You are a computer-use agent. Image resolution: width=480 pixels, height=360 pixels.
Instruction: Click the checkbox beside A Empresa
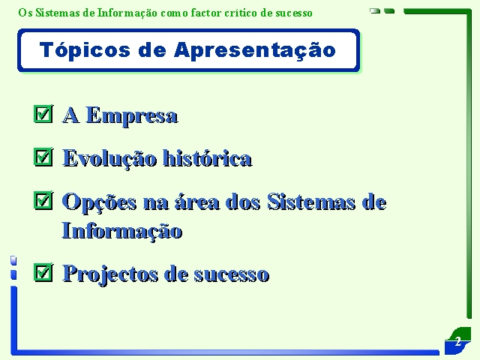tap(43, 114)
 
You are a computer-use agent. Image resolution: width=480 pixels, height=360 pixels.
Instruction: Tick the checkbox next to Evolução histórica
tap(43, 157)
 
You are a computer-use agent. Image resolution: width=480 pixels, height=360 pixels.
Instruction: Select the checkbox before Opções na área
tap(43, 201)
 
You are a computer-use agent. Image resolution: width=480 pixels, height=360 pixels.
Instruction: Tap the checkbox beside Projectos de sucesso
tap(43, 272)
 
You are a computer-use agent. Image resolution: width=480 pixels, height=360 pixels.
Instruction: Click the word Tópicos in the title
tap(85, 50)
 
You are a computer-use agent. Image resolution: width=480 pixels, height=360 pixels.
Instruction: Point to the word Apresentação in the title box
tap(255, 50)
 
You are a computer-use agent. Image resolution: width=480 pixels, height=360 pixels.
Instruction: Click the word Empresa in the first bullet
tap(132, 115)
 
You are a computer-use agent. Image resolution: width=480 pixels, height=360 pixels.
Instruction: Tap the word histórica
tap(207, 158)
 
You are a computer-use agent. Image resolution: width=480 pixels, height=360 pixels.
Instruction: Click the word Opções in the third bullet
tap(99, 202)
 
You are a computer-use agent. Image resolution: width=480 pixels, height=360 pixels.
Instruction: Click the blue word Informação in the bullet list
tap(122, 231)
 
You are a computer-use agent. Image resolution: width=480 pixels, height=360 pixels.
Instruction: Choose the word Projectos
tap(110, 274)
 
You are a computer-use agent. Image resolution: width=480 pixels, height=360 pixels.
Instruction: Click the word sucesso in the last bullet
tap(232, 274)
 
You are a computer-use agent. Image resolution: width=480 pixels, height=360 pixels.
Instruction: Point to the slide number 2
tap(458, 341)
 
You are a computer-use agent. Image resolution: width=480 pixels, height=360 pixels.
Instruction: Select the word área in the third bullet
tap(197, 202)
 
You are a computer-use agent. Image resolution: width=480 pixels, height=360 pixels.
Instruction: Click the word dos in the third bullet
tap(243, 202)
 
